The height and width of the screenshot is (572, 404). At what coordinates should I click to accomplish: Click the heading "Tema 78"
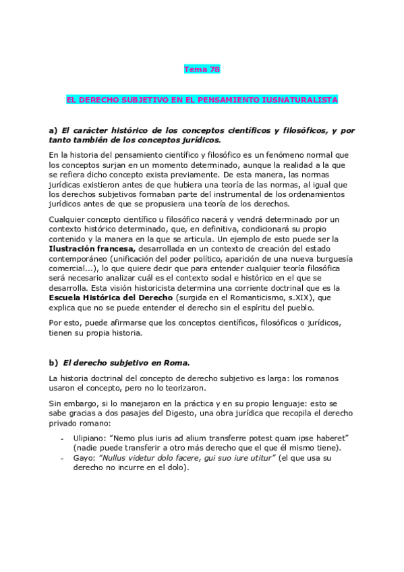[202, 69]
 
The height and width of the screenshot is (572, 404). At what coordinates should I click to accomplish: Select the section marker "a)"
[53, 130]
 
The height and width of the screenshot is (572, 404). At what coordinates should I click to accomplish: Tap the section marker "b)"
[53, 362]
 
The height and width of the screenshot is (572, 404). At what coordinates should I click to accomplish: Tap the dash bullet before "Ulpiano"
[63, 438]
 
